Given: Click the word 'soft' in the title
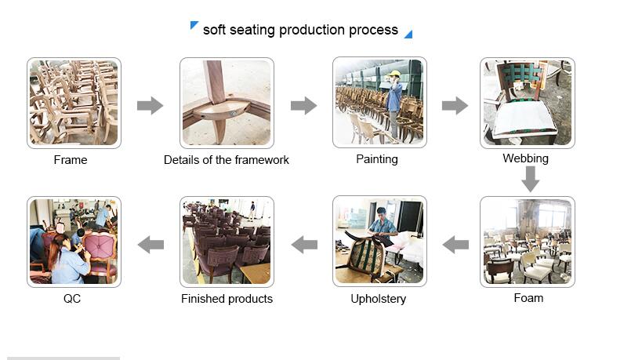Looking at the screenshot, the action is (214, 30).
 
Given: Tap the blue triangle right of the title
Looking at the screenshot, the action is (409, 35).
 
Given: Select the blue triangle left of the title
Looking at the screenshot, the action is (194, 24).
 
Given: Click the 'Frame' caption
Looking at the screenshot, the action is (71, 160).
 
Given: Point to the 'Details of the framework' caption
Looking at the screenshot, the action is (227, 160).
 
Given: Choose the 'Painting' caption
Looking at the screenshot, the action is (377, 159).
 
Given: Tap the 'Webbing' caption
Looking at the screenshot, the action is (526, 158).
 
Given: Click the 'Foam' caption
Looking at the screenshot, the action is (528, 298).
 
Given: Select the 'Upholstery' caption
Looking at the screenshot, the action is (379, 299).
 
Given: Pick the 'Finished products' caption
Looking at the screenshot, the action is (227, 299).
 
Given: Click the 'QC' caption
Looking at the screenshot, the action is (72, 299).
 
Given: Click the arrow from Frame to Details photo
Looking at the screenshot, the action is (150, 106).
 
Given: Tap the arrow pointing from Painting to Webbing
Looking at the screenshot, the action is (455, 106).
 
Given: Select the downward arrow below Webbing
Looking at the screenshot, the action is (530, 179).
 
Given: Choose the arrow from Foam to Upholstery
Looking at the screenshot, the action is (455, 245).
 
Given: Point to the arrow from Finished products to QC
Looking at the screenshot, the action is (151, 245).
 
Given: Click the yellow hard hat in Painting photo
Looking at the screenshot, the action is (394, 74).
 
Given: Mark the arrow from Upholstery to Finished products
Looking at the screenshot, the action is (304, 245).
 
